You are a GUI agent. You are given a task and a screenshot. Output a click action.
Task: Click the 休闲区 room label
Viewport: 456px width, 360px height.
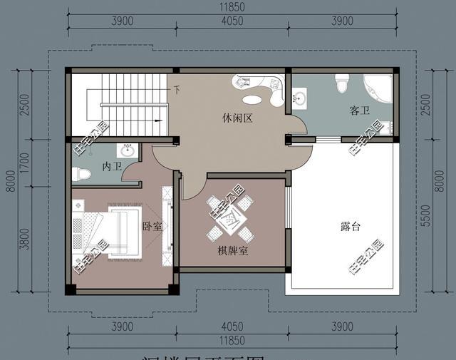click(237, 119)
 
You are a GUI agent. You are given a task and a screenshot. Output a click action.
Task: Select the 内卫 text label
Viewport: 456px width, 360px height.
click(112, 167)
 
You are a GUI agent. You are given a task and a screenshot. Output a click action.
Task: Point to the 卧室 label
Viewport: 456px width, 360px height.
click(152, 227)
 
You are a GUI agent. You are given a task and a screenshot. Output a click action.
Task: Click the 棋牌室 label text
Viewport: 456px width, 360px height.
click(232, 252)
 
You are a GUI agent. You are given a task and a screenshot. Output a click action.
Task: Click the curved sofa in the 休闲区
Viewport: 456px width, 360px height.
click(261, 90)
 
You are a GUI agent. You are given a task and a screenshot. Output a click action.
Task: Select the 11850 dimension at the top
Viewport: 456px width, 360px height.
click(232, 9)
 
